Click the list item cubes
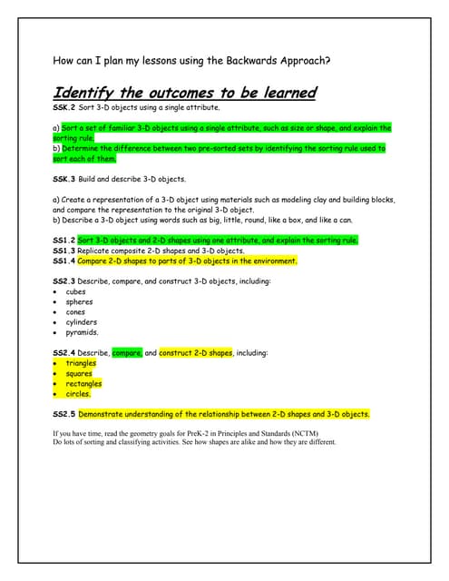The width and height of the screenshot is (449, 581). coord(76,291)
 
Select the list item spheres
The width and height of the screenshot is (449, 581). coord(80,301)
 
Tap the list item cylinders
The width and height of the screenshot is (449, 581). coord(82,322)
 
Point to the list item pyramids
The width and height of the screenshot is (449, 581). coord(82,332)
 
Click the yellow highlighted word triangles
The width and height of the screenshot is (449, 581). coord(81,363)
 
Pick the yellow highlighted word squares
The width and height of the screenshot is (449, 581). coord(79,373)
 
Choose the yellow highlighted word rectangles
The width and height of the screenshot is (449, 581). coord(83,383)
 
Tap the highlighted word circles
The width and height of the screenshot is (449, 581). coord(78,394)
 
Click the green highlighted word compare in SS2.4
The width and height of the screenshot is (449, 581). coord(127,352)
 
